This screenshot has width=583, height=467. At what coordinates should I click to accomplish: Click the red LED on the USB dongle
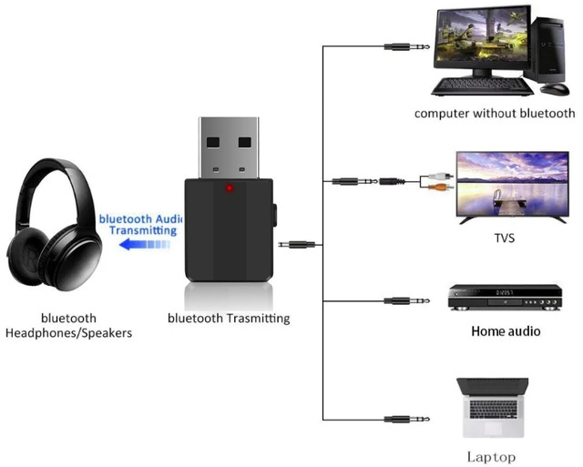[x=229, y=189]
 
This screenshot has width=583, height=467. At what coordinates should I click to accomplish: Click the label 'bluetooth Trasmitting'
[x=229, y=319]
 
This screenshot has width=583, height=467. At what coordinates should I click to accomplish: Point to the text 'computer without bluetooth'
[x=495, y=114]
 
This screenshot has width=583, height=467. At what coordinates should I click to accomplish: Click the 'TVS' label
[x=504, y=239]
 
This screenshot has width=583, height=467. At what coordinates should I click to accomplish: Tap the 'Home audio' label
[x=506, y=331]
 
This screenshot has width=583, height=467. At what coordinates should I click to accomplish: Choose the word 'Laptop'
[x=491, y=457]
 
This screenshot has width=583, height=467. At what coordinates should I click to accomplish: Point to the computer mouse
[x=554, y=89]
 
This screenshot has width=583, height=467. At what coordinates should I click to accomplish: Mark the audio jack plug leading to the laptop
[x=400, y=419]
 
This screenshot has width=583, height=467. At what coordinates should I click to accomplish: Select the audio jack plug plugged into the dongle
[x=298, y=244]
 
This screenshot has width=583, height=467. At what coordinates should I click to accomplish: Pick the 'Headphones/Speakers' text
[x=68, y=333]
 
